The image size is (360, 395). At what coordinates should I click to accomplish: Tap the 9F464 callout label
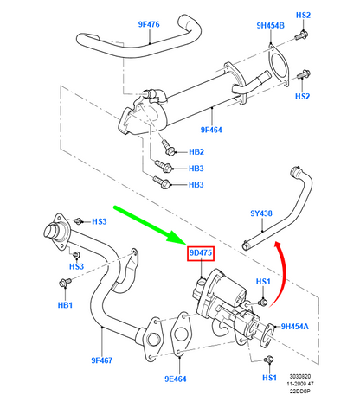pos(212,130)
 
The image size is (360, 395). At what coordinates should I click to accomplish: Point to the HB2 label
pos(196,150)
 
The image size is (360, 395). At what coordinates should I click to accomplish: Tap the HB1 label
pos(66,305)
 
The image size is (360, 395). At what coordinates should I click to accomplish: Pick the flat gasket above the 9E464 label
pos(183,334)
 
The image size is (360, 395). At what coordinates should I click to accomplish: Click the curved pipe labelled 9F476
pos(138,41)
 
